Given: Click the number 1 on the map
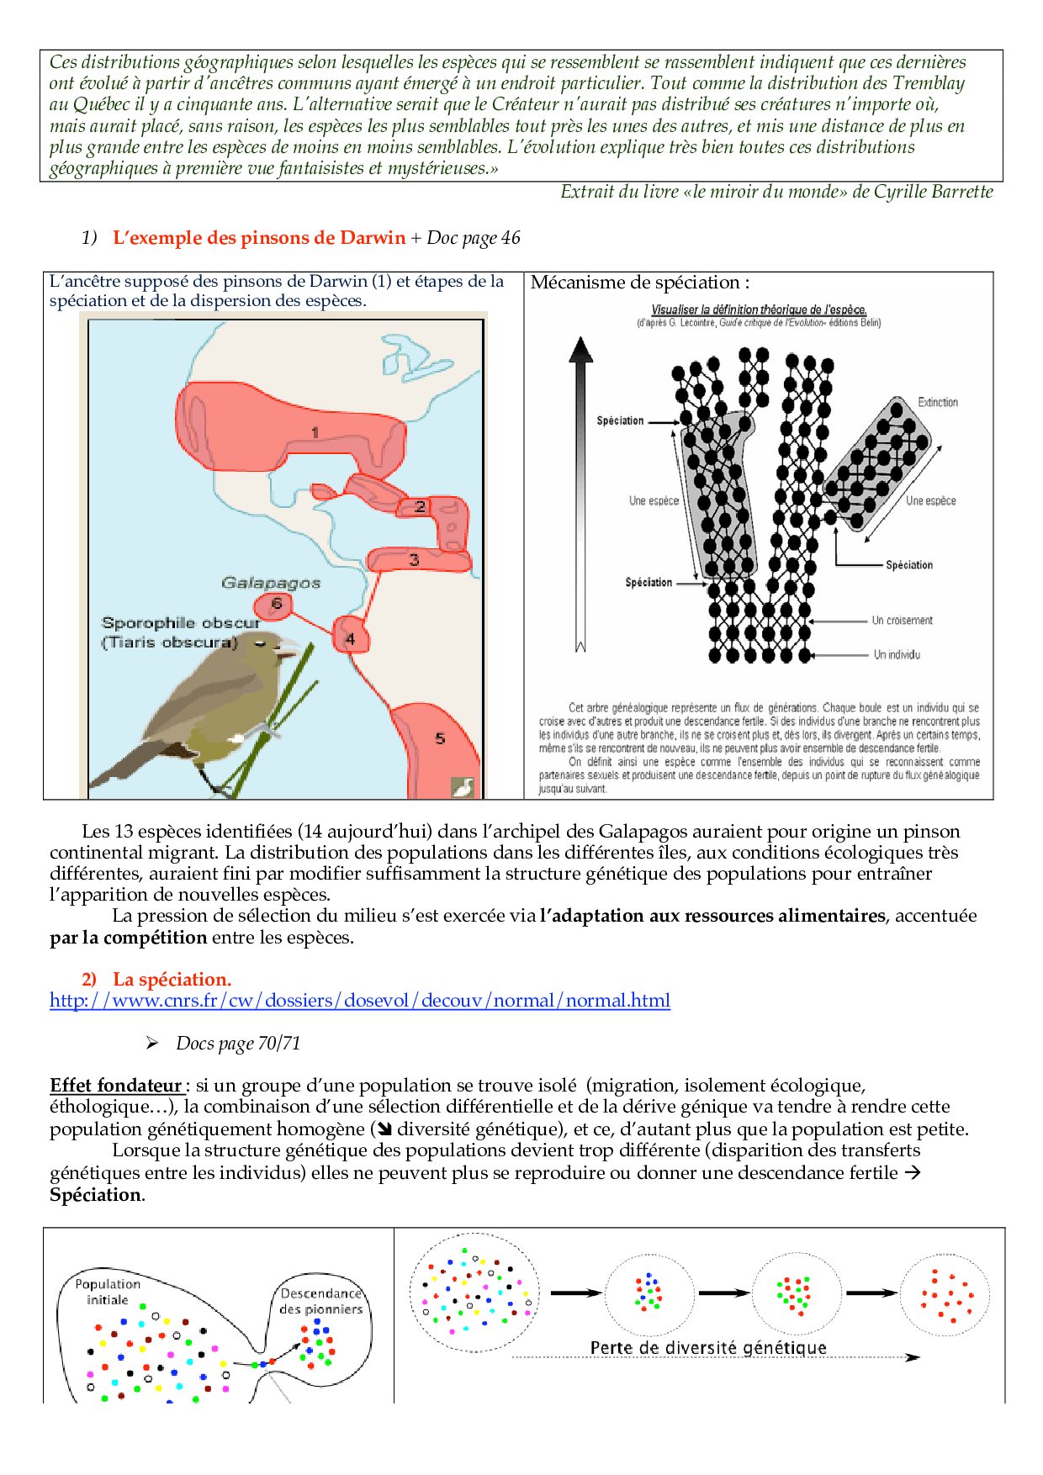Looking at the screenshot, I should (x=315, y=433).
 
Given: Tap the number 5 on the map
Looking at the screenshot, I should (x=440, y=738).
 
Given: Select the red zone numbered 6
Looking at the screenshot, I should (x=276, y=604).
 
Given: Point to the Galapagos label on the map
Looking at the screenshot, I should (x=271, y=582).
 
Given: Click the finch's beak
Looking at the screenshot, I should (x=288, y=646).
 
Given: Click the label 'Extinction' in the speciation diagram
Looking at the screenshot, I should (x=938, y=402).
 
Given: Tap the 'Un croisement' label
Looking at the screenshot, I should (x=902, y=621).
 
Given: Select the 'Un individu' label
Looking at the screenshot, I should (x=897, y=654).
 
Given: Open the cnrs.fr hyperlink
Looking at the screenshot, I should (x=360, y=1001).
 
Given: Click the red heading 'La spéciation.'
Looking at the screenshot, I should (x=172, y=979).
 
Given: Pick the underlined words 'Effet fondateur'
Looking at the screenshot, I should (x=115, y=1085).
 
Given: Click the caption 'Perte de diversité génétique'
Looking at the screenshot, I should (x=708, y=1347).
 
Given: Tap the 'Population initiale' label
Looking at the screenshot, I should (x=108, y=1292).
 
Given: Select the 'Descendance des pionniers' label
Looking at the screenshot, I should (x=320, y=1301).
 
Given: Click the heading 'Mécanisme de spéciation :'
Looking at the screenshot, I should (x=639, y=283).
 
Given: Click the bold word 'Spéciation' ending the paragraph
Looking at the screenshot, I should (x=95, y=1194).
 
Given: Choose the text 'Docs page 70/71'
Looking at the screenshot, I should (x=238, y=1043).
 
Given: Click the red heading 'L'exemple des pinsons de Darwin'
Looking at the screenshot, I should (x=259, y=238).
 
